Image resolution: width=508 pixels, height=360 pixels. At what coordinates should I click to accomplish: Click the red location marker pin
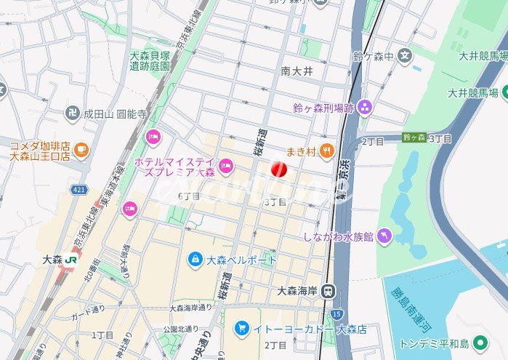point(279,169)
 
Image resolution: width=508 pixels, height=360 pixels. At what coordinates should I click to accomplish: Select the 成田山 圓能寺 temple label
point(116,114)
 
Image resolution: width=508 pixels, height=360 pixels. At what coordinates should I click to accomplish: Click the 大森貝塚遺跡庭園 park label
point(150,60)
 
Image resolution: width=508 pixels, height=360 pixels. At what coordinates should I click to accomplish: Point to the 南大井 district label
point(297,71)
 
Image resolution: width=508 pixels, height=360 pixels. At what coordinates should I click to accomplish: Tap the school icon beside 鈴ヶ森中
point(406,55)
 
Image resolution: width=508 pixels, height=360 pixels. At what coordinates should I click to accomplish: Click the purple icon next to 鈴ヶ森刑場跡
point(365,108)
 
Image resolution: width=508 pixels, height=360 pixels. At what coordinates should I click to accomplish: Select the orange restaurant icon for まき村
point(328,151)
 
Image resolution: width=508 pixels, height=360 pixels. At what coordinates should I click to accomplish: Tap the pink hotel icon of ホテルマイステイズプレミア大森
point(226,167)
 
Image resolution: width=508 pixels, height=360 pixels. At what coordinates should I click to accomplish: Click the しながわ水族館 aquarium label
point(339,236)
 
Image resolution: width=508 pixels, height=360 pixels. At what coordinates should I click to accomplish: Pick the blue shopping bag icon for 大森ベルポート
point(195,259)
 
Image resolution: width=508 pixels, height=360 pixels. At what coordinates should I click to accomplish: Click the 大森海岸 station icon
point(329,292)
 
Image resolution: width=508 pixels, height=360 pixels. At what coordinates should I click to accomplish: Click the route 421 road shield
point(78,190)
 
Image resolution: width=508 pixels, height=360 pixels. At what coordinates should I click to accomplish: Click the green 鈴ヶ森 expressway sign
point(414,137)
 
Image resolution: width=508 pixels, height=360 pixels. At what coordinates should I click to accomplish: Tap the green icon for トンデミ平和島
point(479,343)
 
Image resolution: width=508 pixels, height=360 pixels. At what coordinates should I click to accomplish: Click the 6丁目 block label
point(189,196)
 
